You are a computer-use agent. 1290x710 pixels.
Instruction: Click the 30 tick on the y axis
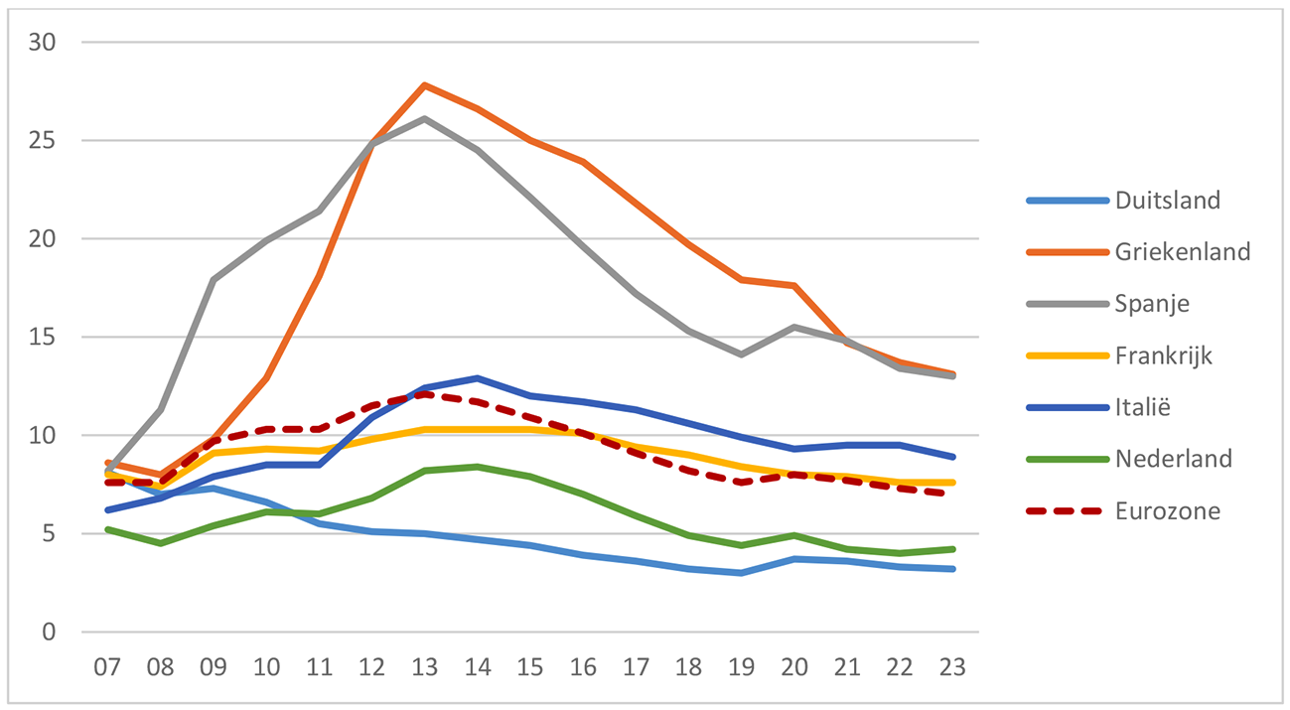[45, 43]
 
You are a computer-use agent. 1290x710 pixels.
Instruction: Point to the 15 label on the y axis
[45, 338]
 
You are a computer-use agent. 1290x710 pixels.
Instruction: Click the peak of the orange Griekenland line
[425, 85]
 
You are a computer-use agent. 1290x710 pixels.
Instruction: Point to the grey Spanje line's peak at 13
[425, 119]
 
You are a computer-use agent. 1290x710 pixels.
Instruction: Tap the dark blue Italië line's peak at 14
[478, 378]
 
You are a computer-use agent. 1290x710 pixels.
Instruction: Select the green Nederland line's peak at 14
[478, 467]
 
